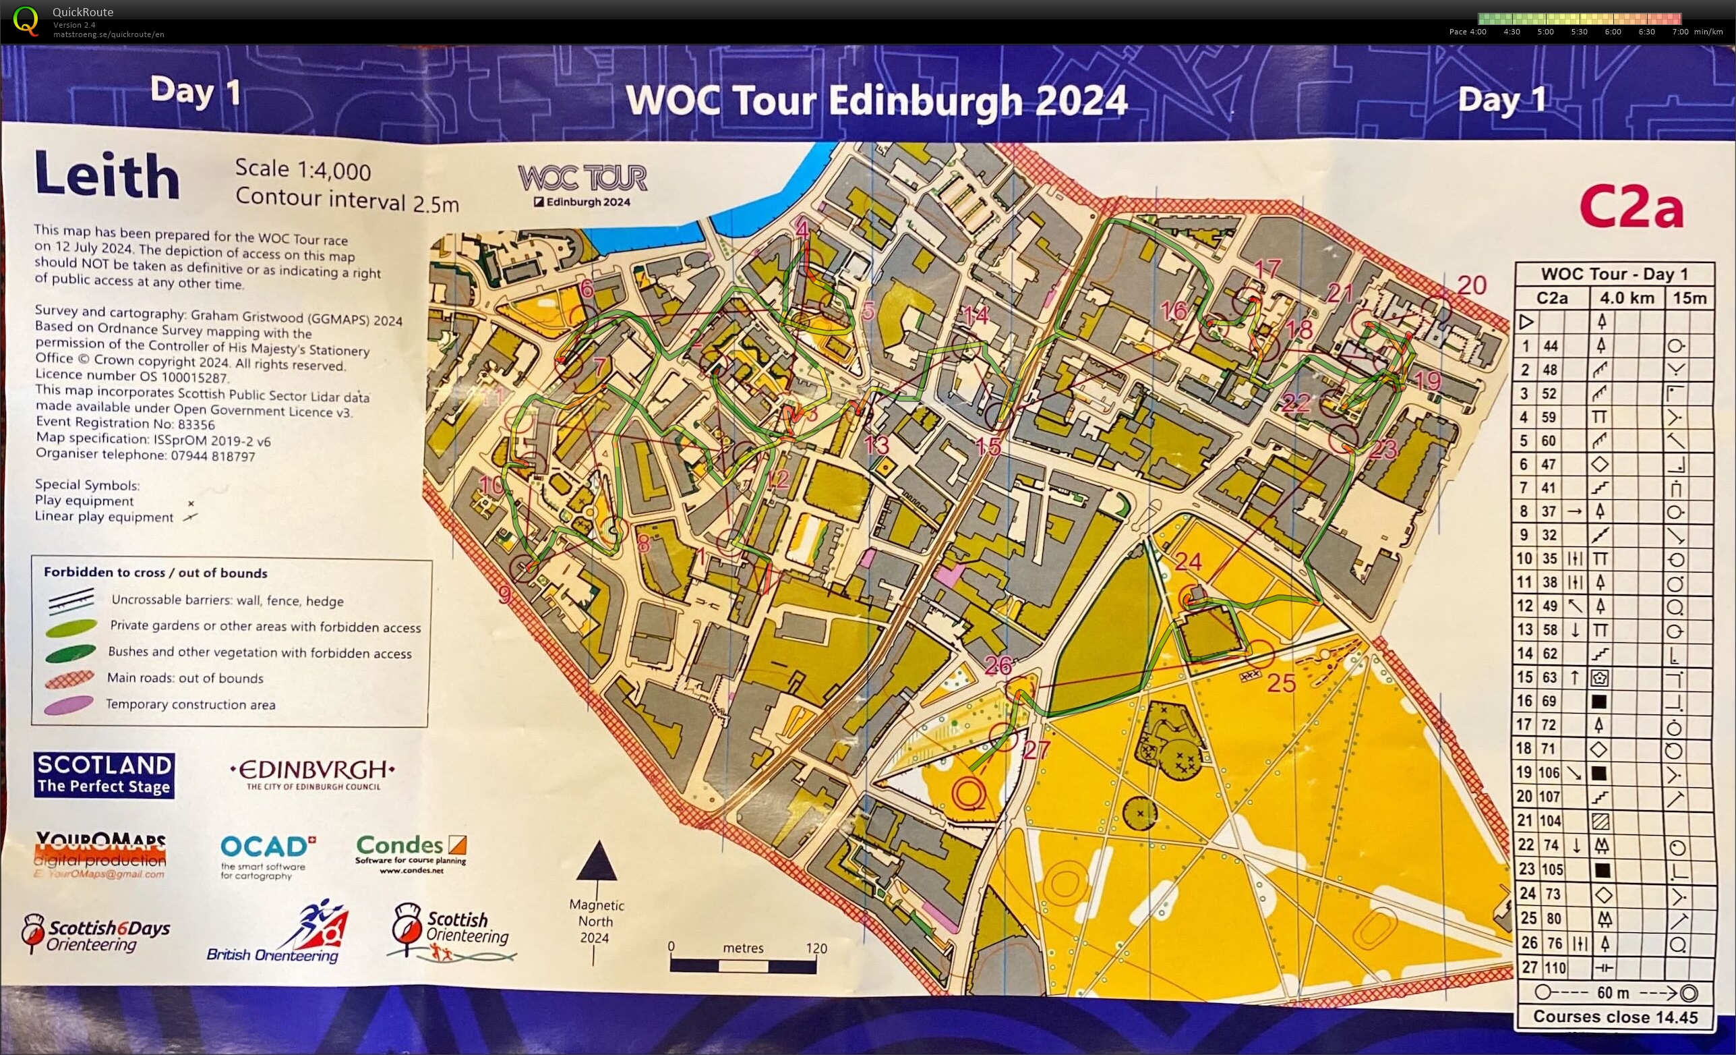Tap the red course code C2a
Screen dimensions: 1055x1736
[x=1630, y=207]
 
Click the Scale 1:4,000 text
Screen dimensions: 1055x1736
[x=303, y=170]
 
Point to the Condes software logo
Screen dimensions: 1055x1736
[x=411, y=853]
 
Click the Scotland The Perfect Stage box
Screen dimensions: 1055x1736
[x=104, y=774]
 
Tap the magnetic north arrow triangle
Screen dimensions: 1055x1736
[x=597, y=861]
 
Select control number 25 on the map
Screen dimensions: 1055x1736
[x=1280, y=682]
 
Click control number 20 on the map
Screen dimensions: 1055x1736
[x=1471, y=285]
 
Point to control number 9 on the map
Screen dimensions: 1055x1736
[x=504, y=595]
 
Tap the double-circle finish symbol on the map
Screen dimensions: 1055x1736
[x=968, y=793]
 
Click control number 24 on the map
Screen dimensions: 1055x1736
[x=1188, y=562]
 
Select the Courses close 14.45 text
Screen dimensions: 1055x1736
[x=1615, y=1017]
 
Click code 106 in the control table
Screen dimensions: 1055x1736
[x=1549, y=772]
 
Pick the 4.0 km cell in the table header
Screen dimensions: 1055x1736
[x=1626, y=298]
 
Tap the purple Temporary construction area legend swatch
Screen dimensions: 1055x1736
[x=68, y=705]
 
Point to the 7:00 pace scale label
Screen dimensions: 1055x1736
[x=1679, y=32]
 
